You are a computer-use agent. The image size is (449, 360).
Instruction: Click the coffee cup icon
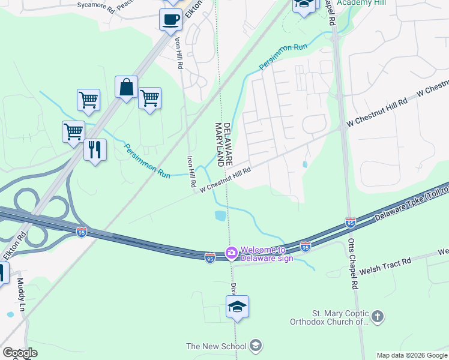(170, 19)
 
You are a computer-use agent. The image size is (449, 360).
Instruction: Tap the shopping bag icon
(127, 88)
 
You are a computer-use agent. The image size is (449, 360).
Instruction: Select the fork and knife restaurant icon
(95, 149)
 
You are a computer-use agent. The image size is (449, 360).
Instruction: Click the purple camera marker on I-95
(231, 254)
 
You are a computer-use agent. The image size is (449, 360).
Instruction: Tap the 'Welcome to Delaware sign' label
(267, 254)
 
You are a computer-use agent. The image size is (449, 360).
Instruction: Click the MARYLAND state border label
(220, 144)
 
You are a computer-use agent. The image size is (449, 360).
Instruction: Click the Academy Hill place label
(361, 3)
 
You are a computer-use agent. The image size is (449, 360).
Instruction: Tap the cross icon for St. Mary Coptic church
(377, 316)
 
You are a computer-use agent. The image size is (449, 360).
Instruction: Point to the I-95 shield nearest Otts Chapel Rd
(349, 223)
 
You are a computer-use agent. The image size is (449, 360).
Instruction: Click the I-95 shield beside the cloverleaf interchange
(81, 232)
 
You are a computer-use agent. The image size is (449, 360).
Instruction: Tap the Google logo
(20, 353)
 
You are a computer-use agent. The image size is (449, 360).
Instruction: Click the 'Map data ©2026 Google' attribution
(411, 355)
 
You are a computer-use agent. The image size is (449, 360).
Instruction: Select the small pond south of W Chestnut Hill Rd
(220, 215)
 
